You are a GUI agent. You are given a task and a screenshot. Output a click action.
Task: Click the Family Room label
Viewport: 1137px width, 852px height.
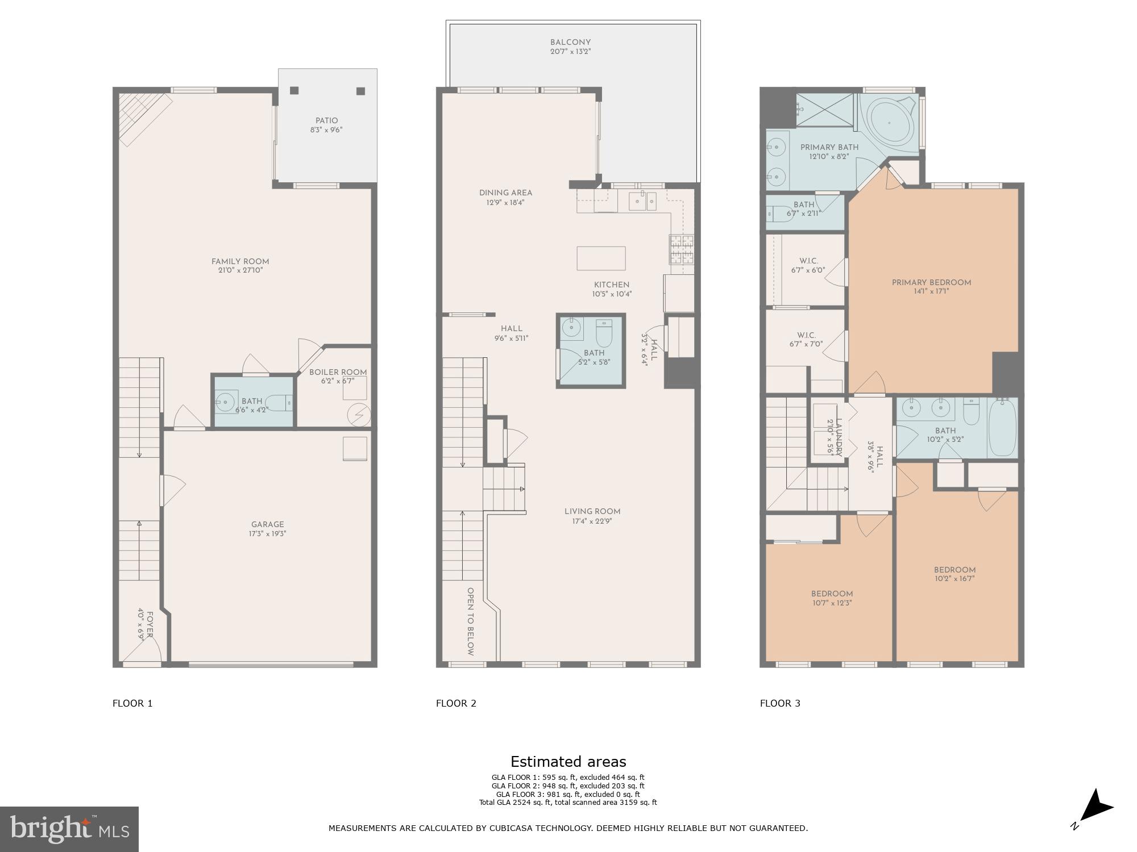[240, 262]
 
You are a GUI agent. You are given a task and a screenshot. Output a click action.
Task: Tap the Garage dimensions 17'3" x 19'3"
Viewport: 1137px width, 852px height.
[267, 534]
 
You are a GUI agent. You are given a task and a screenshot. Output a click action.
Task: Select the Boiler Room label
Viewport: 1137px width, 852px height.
[338, 373]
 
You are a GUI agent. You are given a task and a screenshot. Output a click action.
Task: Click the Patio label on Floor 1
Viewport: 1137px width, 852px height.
[326, 121]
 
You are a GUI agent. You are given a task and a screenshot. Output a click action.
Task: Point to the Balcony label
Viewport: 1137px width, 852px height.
[570, 43]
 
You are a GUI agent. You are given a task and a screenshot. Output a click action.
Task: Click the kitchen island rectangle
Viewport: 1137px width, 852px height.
[601, 258]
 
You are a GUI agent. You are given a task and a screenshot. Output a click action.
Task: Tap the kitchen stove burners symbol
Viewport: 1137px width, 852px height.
[681, 250]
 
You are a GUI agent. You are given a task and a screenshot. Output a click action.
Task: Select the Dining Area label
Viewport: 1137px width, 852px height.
[505, 193]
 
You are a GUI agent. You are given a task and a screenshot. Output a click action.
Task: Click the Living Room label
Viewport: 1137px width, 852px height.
[592, 512]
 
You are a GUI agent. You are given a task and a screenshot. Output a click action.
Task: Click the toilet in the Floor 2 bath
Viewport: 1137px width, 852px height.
[604, 334]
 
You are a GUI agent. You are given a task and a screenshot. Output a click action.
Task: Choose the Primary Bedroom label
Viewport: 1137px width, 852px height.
[931, 283]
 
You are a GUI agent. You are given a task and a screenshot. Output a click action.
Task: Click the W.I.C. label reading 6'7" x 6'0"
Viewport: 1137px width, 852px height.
[807, 266]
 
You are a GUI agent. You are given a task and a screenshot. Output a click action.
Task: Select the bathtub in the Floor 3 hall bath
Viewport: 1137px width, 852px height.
[1002, 427]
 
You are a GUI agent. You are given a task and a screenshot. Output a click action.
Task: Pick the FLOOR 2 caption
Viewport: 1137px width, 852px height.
[456, 703]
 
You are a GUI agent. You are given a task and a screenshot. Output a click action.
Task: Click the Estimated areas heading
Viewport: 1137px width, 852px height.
[568, 762]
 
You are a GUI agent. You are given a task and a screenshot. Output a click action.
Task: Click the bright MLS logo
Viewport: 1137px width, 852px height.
[69, 829]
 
